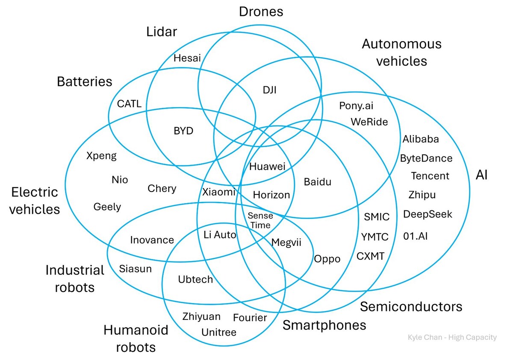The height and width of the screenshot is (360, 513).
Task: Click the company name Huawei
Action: [267, 166]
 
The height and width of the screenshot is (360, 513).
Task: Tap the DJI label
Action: [270, 90]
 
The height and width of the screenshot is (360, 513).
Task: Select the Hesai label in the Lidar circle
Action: [187, 58]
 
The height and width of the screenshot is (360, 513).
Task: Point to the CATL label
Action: [130, 104]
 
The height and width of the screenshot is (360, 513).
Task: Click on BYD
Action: [183, 131]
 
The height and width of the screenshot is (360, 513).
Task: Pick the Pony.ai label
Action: [356, 106]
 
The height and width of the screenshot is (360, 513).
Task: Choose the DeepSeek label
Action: [427, 214]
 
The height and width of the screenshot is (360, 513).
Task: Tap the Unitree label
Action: [219, 332]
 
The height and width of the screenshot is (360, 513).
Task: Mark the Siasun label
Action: [136, 269]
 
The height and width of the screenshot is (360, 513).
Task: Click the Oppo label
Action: [327, 259]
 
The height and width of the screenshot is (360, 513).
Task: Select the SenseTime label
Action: [260, 220]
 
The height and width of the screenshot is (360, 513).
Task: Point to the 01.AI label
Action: [415, 236]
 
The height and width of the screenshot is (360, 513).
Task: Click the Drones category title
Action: [261, 12]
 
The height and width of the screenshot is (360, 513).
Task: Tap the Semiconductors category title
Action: [411, 307]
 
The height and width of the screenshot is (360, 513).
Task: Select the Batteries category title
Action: [85, 82]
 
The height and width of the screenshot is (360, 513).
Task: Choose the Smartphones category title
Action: [324, 325]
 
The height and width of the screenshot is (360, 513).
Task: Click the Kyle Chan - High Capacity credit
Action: [452, 337]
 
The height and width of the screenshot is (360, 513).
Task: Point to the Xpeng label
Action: [101, 156]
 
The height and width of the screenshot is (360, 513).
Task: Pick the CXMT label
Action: [370, 256]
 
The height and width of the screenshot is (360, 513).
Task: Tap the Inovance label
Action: [152, 240]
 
